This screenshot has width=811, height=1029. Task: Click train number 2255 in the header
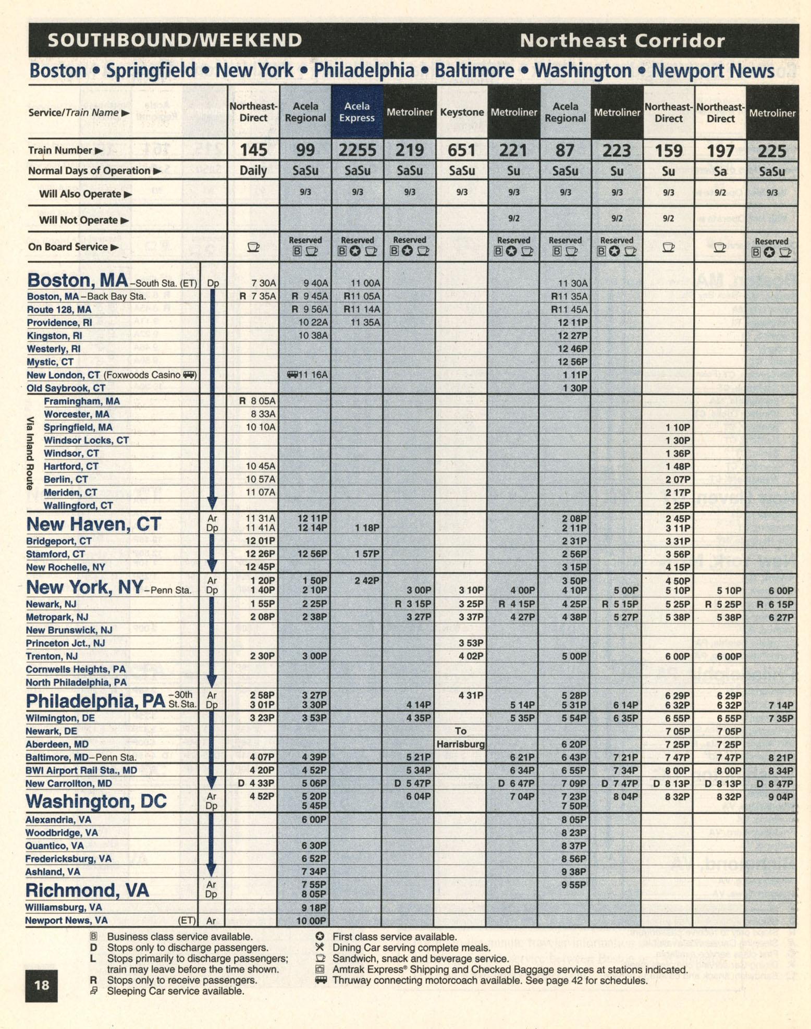(x=357, y=151)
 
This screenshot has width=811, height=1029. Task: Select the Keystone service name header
(x=462, y=112)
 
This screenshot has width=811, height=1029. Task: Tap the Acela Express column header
(x=357, y=112)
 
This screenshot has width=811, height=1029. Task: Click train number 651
(x=461, y=151)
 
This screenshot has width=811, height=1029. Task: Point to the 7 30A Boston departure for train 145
(x=264, y=283)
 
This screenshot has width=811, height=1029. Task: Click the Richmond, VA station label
(x=88, y=890)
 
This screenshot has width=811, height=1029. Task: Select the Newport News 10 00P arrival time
(x=311, y=921)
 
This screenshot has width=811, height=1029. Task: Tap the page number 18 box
(x=42, y=985)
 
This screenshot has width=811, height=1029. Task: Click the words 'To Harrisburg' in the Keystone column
(x=461, y=738)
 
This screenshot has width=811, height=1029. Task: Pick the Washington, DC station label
(x=96, y=801)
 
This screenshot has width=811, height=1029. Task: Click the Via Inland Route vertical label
(x=31, y=452)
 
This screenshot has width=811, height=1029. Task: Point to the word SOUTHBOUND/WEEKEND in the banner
(x=175, y=40)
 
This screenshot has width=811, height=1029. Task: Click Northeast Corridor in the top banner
(x=622, y=40)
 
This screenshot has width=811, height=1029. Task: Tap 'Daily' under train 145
(x=253, y=170)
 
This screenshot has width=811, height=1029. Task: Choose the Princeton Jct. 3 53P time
(x=471, y=643)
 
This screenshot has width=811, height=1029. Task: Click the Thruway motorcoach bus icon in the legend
(x=321, y=980)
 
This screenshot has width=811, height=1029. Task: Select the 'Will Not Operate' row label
(x=83, y=220)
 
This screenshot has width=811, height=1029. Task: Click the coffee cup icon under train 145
(x=253, y=247)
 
